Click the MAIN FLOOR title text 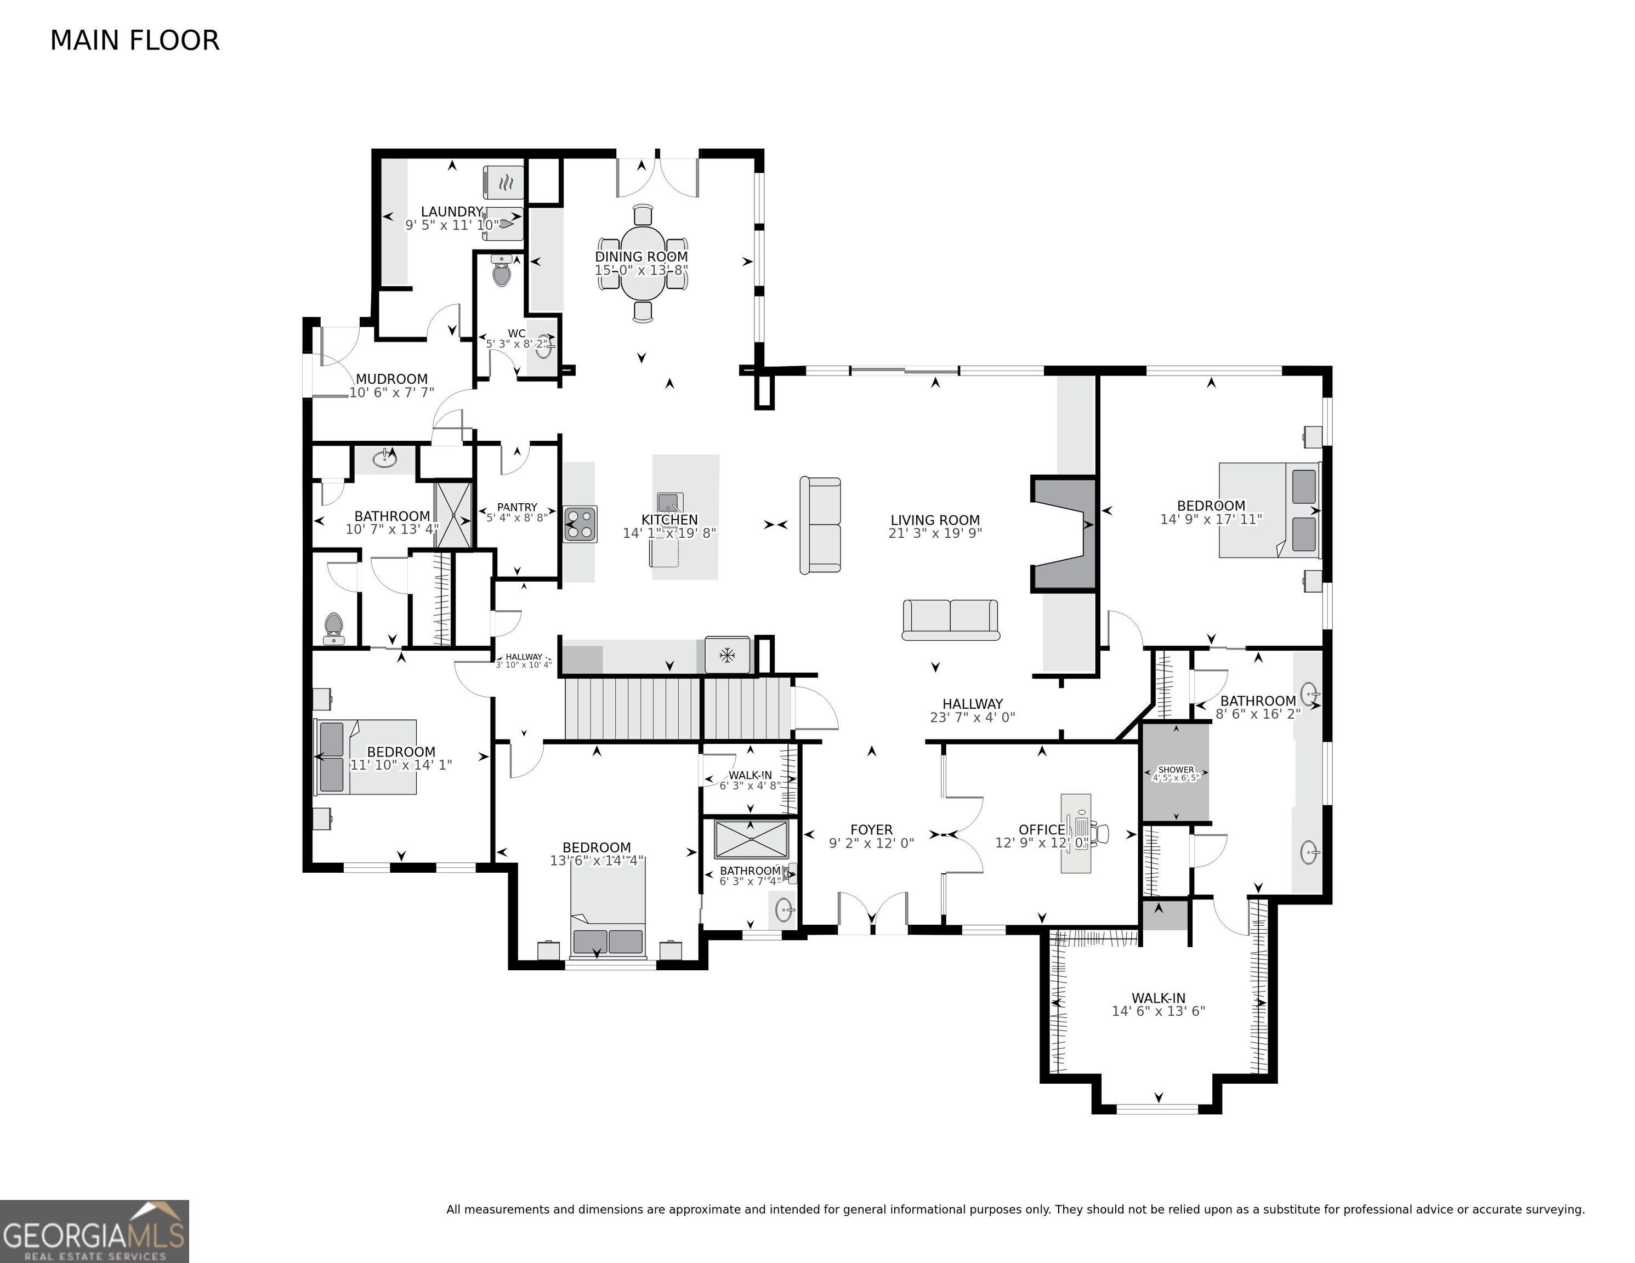[x=135, y=41]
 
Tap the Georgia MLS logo [x=94, y=1231]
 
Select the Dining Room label [x=641, y=257]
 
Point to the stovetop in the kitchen [x=580, y=524]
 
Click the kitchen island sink [x=668, y=500]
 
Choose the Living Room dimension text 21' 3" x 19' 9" [x=935, y=533]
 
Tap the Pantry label [x=516, y=507]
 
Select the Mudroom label [x=391, y=379]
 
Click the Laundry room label [x=451, y=212]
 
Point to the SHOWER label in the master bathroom [x=1176, y=770]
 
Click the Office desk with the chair [x=1078, y=833]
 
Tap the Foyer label [x=871, y=829]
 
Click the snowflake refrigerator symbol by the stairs [x=726, y=656]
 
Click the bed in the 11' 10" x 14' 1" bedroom [x=367, y=756]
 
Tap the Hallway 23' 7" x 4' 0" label [x=972, y=704]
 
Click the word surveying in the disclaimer [x=1559, y=1209]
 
